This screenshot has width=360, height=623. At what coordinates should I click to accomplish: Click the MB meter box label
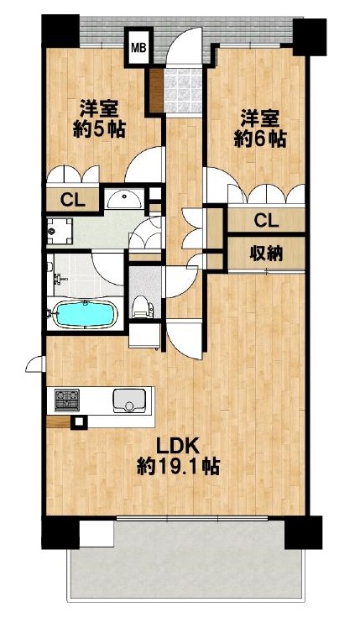(x=138, y=48)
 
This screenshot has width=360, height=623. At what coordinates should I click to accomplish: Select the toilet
(x=142, y=306)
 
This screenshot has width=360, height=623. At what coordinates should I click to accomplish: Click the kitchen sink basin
(x=129, y=400)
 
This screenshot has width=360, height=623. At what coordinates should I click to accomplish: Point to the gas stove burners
(x=66, y=400)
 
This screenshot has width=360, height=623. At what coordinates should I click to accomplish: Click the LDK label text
(x=177, y=447)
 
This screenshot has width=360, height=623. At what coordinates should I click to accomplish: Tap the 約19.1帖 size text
(x=178, y=467)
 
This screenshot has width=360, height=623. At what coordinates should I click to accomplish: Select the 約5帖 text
(x=99, y=129)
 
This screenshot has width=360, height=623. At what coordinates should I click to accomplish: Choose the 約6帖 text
(x=260, y=139)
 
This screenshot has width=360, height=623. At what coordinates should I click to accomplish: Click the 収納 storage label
(x=266, y=253)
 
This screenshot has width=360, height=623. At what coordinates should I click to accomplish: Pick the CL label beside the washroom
(x=73, y=200)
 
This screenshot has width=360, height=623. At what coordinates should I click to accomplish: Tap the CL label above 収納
(x=266, y=221)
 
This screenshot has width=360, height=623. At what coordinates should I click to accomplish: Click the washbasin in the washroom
(x=125, y=198)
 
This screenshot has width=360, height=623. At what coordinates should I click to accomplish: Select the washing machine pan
(x=60, y=231)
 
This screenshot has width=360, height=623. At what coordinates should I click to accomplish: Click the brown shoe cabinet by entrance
(x=157, y=90)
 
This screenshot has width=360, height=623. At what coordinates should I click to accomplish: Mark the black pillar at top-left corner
(x=60, y=31)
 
